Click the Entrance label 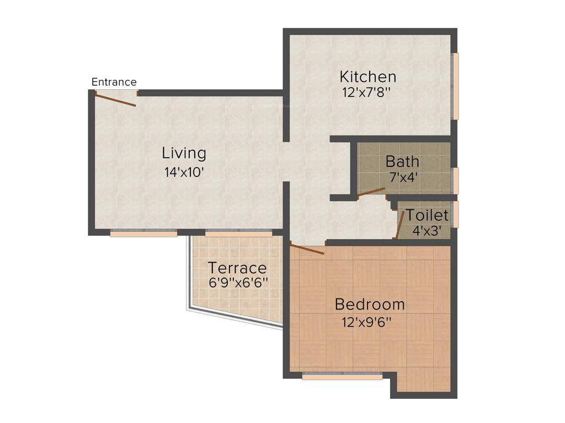pyautogui.click(x=114, y=82)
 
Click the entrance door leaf pyautogui.click(x=115, y=100)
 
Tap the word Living pyautogui.click(x=184, y=153)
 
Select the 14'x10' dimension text pyautogui.click(x=184, y=172)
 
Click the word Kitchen pyautogui.click(x=367, y=76)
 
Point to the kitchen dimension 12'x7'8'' pyautogui.click(x=366, y=93)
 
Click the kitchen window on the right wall pyautogui.click(x=455, y=86)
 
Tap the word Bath pyautogui.click(x=402, y=161)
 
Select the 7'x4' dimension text pyautogui.click(x=402, y=177)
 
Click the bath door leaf pyautogui.click(x=371, y=192)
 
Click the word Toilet pyautogui.click(x=428, y=215)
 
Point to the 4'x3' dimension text pyautogui.click(x=427, y=231)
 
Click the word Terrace pyautogui.click(x=237, y=268)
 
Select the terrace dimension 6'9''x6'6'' pyautogui.click(x=238, y=283)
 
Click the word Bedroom pyautogui.click(x=370, y=304)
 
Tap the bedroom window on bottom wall pyautogui.click(x=342, y=377)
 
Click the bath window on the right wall pyautogui.click(x=455, y=181)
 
